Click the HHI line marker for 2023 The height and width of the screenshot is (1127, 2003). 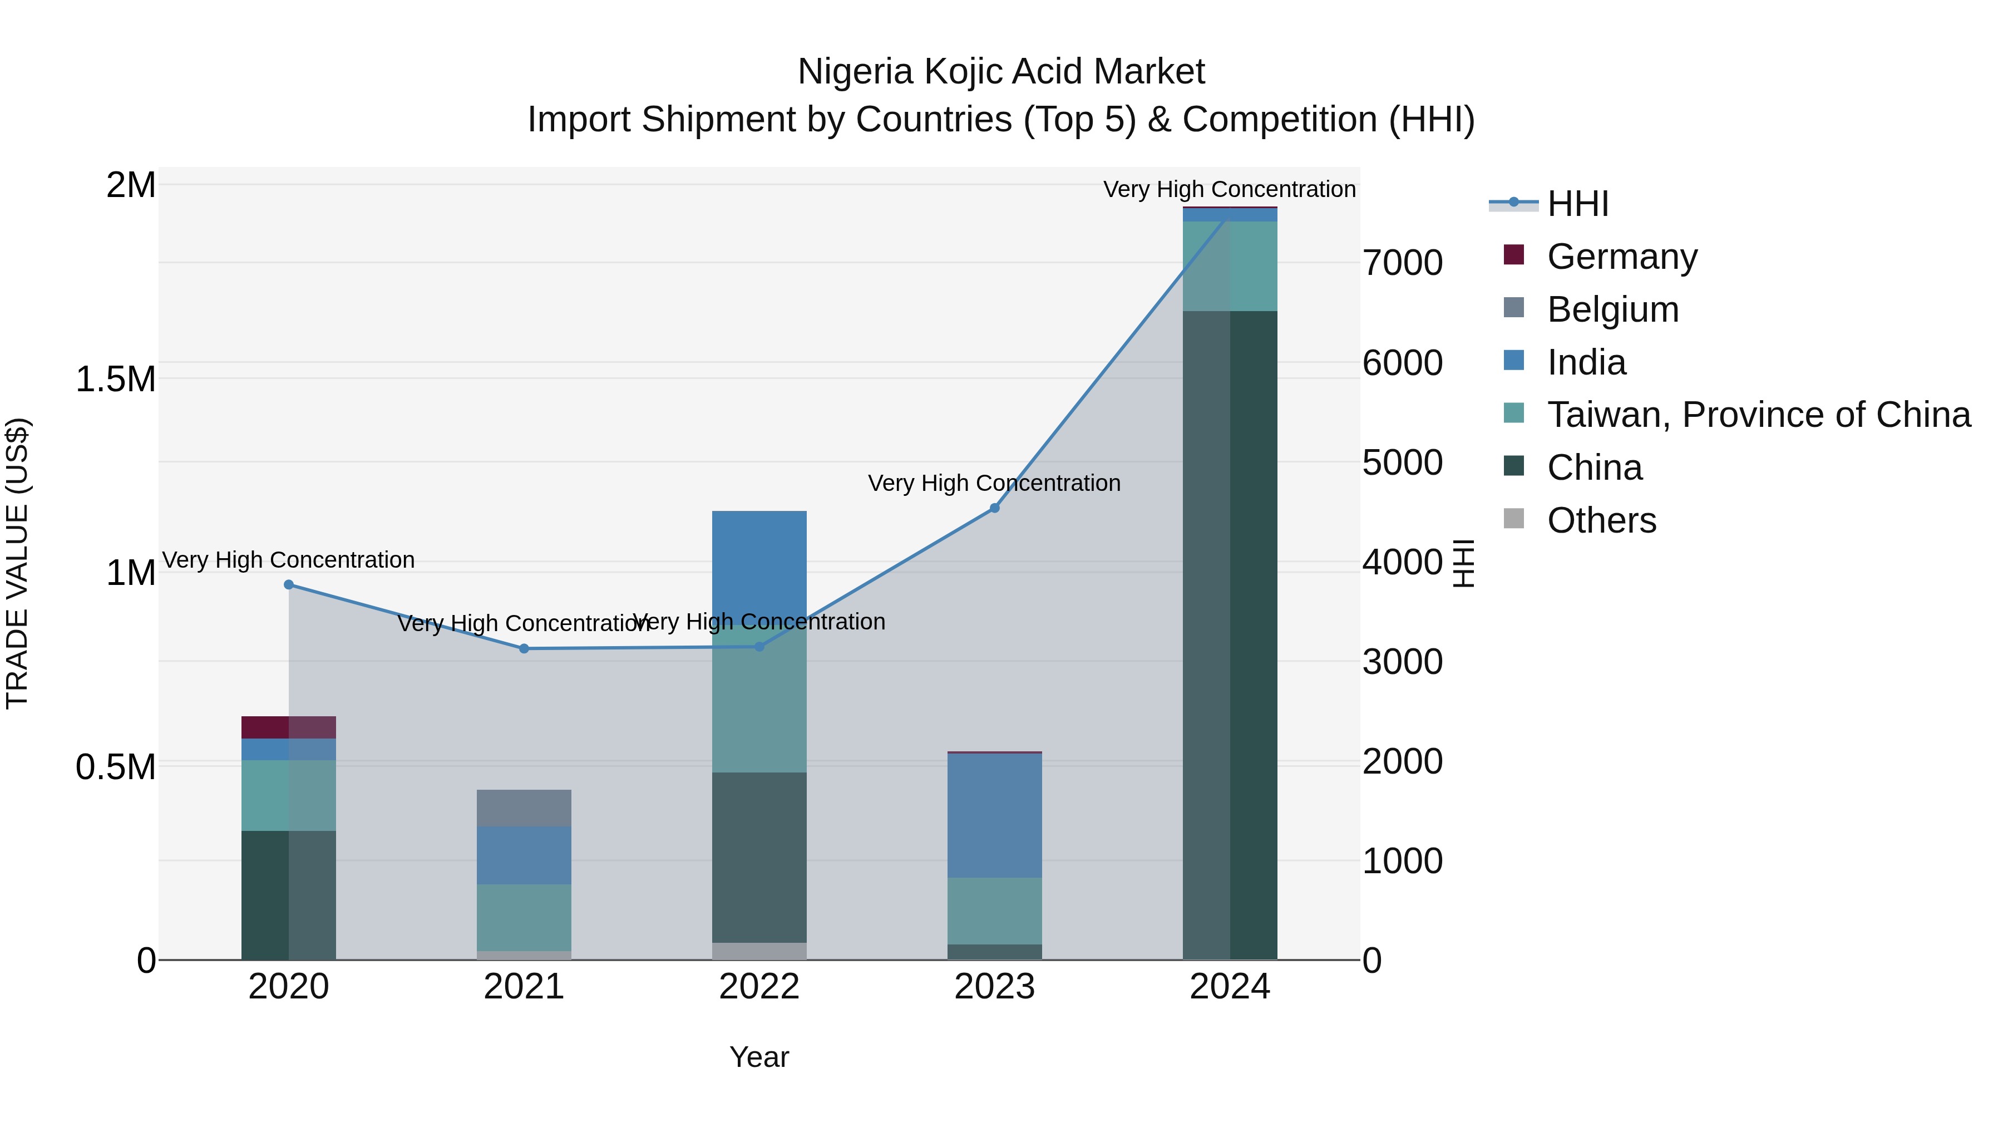coord(994,508)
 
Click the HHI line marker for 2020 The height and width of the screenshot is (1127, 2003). coord(288,584)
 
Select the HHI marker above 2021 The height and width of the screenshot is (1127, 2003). coord(524,649)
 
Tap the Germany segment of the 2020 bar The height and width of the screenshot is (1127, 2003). coord(288,727)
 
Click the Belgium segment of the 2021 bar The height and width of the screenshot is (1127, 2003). coord(524,808)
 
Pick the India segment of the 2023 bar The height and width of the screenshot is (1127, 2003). coord(994,815)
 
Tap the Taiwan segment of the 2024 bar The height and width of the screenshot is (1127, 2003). coord(1230,266)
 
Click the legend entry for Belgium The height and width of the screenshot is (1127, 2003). coord(1612,309)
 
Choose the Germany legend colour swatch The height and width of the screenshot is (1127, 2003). coord(1514,255)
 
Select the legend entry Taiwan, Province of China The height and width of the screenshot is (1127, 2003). coord(1758,415)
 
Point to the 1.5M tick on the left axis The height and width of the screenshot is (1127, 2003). coord(115,380)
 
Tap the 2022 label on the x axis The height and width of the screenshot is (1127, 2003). coord(759,987)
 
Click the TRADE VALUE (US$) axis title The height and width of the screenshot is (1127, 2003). coord(17,563)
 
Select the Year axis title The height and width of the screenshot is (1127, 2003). coord(759,1057)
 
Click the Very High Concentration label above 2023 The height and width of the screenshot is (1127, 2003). coord(994,483)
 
